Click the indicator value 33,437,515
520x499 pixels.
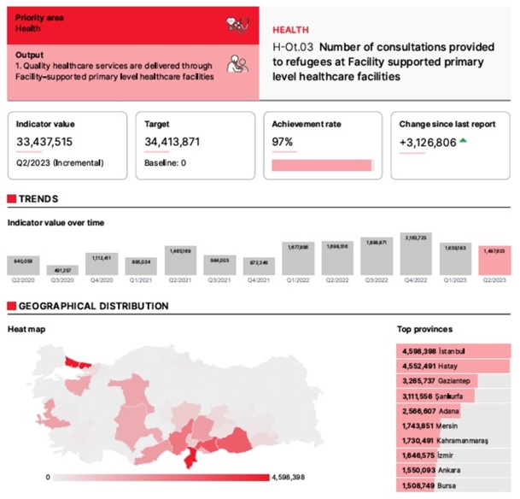click(44, 142)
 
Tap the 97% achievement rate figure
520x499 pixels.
click(283, 142)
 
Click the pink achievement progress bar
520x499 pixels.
click(322, 164)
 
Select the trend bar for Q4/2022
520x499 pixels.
click(416, 254)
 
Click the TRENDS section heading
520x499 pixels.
click(38, 199)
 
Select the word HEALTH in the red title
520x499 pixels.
click(291, 29)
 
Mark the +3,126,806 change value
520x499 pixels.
click(428, 142)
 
